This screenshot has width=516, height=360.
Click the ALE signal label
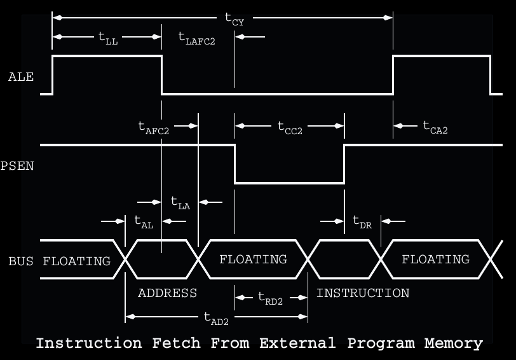click(x=21, y=77)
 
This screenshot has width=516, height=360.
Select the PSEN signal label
click(x=18, y=167)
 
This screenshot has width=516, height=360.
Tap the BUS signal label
click(x=21, y=261)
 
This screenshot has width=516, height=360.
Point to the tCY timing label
click(x=234, y=19)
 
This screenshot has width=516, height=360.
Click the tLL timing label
click(x=108, y=38)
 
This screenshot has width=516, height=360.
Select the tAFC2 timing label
click(x=154, y=127)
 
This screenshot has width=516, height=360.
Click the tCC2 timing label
click(x=290, y=127)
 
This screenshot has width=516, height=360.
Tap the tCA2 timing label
click(x=436, y=127)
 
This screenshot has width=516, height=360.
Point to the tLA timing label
click(x=180, y=203)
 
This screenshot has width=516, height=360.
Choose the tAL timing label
click(x=144, y=222)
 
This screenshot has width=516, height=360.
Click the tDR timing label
click(x=362, y=222)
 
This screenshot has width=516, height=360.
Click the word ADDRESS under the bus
click(x=167, y=293)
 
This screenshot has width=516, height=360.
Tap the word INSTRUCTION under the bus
click(x=363, y=293)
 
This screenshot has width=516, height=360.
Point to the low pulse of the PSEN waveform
click(x=290, y=183)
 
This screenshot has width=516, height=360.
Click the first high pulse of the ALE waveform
click(x=107, y=57)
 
